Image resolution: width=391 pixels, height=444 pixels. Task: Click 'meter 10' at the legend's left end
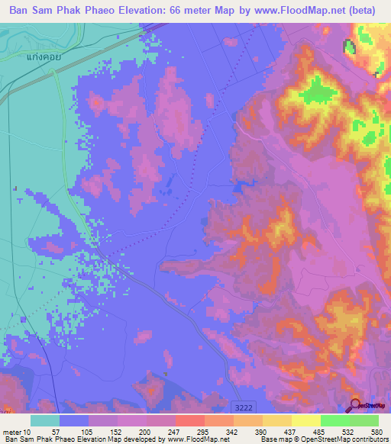point(18,431)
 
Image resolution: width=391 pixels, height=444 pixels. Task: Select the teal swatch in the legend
point(45,420)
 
